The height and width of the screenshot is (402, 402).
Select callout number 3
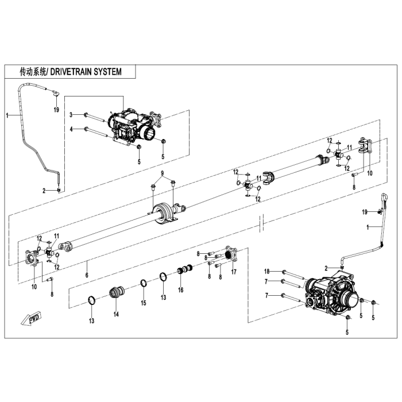[x=71, y=115]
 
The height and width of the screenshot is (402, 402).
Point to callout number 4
[x=71, y=129]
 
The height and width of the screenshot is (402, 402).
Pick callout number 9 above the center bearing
[x=163, y=173]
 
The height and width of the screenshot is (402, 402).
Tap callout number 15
[x=144, y=303]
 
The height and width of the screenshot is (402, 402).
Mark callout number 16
[x=180, y=290]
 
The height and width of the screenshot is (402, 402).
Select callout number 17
[x=234, y=272]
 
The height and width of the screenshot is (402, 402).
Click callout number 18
[x=266, y=270]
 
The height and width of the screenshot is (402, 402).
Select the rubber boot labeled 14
[x=117, y=292]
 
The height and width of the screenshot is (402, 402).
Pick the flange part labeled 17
[x=231, y=254]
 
